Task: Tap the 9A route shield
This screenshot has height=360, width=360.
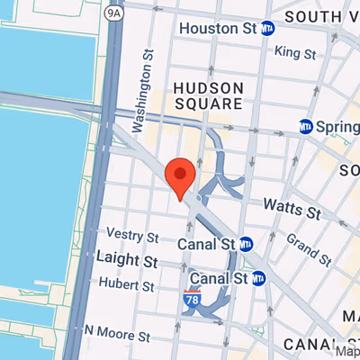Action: click(113, 13)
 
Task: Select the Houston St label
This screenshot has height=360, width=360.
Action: click(219, 29)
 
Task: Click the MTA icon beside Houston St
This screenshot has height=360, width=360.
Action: click(267, 29)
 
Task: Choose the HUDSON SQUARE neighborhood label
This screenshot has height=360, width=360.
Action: click(208, 95)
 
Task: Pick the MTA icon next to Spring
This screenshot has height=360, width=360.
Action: click(307, 127)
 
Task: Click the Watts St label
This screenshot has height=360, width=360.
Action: click(292, 212)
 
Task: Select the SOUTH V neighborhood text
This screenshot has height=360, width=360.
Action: click(320, 16)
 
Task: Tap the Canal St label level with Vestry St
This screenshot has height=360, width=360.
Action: click(209, 243)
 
